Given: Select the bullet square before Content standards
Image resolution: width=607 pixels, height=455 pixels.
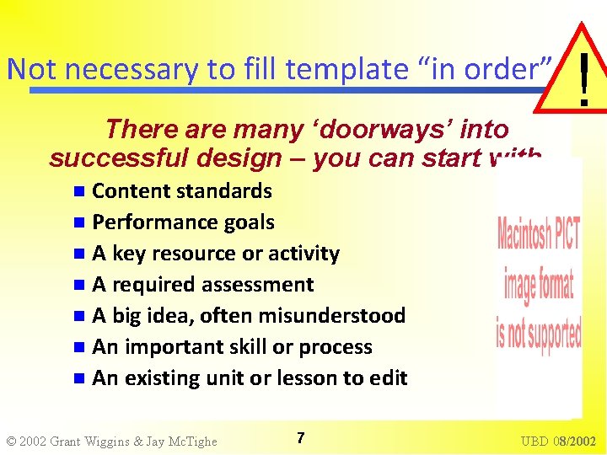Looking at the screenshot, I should pyautogui.click(x=79, y=191).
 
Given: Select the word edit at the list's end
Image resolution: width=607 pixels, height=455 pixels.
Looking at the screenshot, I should pyautogui.click(x=389, y=378).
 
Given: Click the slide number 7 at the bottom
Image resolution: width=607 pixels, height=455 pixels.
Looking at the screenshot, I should pyautogui.click(x=301, y=437).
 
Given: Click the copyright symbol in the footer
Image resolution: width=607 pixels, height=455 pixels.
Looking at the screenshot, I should pyautogui.click(x=11, y=441).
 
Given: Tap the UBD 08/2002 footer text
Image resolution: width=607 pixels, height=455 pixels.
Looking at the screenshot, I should pyautogui.click(x=558, y=441).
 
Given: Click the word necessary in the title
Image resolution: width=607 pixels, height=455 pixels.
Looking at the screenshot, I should pyautogui.click(x=105, y=68).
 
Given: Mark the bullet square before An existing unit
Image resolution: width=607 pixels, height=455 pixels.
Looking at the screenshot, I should pyautogui.click(x=79, y=378).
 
